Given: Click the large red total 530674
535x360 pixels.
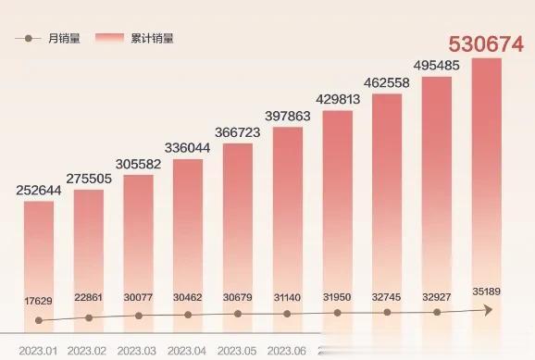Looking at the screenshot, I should (x=486, y=44).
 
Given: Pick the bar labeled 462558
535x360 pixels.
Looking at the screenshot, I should (x=387, y=213).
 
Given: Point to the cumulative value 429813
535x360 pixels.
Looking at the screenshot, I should (x=337, y=101).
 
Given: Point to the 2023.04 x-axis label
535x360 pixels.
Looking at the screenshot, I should (x=188, y=352).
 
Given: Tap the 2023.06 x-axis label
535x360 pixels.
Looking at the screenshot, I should (x=287, y=352).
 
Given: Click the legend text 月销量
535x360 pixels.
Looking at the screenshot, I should (x=64, y=39).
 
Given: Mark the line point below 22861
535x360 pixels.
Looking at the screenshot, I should (x=89, y=317).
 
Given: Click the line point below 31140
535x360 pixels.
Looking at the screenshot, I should (x=287, y=314).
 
